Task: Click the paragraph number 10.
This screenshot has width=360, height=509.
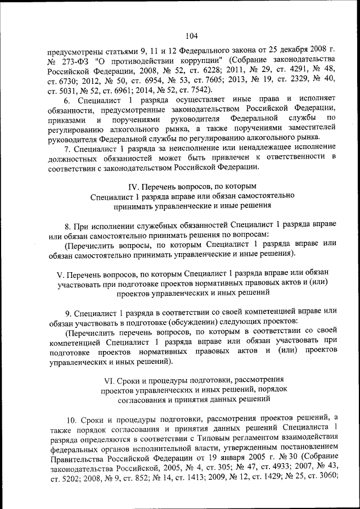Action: (x=73, y=419)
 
